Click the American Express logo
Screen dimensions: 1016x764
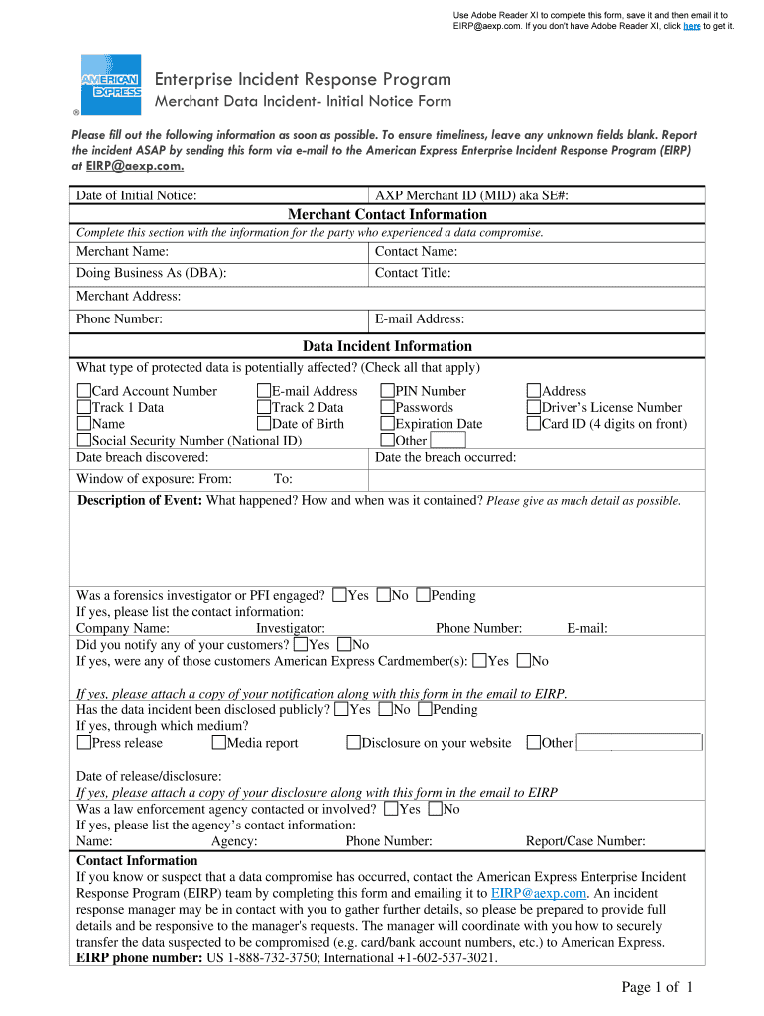pos(110,84)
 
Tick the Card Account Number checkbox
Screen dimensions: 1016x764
pos(84,392)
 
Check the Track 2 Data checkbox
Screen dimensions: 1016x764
pos(264,408)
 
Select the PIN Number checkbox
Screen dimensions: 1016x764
pos(388,392)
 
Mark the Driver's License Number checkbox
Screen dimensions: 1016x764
pos(534,408)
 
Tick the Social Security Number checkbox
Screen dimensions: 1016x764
pos(84,441)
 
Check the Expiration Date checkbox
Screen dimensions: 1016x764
pos(388,424)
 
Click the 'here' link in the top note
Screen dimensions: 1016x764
pos(692,26)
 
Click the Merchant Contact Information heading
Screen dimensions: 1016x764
pos(387,214)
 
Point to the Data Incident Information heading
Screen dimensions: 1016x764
pos(387,346)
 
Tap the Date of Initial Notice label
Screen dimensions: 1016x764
pos(136,195)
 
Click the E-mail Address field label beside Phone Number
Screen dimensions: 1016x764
pos(420,319)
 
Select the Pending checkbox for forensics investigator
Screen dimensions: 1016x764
pos(424,596)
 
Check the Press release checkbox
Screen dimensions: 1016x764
pos(84,743)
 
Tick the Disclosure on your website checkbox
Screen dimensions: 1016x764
pos(354,743)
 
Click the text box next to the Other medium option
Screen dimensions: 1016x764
pos(639,743)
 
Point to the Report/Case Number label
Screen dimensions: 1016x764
pos(585,842)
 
